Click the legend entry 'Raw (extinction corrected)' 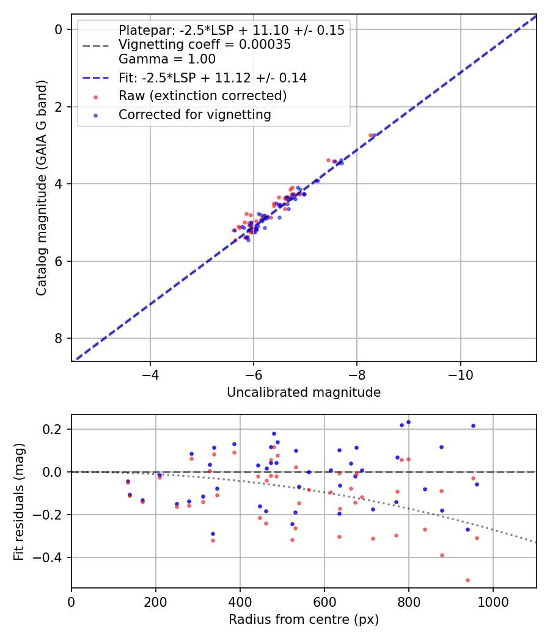(x=202, y=96)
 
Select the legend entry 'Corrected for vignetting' (x=194, y=114)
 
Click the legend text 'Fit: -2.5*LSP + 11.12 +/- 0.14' (x=212, y=78)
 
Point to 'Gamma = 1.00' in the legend (x=167, y=59)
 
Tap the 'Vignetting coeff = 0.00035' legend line (x=204, y=45)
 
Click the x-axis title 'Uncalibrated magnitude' (x=304, y=393)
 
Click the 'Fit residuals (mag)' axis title (x=20, y=502)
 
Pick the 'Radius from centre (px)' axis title (x=304, y=620)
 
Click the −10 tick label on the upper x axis (x=460, y=374)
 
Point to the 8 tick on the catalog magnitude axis (x=59, y=338)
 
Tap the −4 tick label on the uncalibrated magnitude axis (x=150, y=374)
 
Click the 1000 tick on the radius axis (x=493, y=601)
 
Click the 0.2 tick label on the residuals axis (x=55, y=429)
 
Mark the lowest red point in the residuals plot (x=468, y=580)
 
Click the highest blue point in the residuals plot (x=408, y=422)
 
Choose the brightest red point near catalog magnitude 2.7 (x=370, y=135)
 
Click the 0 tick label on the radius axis (x=71, y=601)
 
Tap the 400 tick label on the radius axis (x=240, y=601)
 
